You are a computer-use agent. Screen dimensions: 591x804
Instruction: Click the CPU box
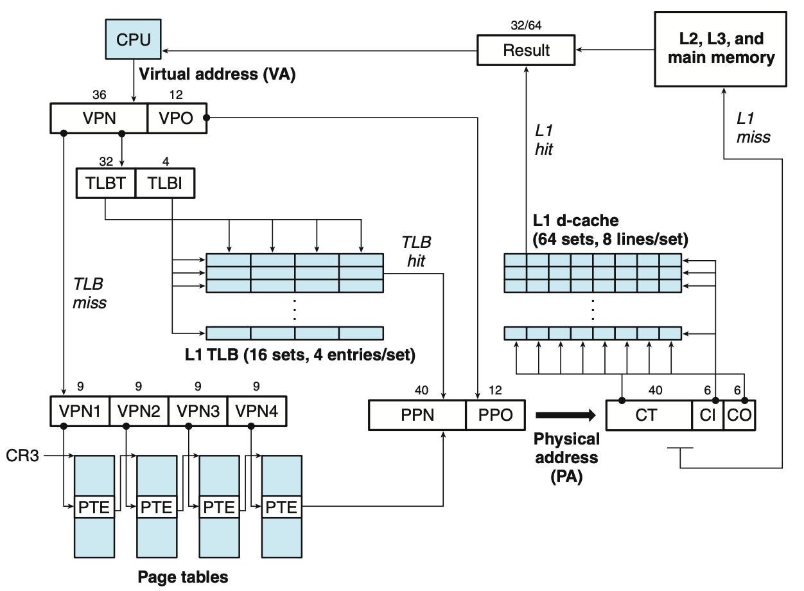(x=134, y=39)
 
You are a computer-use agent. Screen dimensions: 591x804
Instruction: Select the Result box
(x=527, y=50)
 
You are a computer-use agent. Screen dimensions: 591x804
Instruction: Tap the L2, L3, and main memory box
(x=721, y=49)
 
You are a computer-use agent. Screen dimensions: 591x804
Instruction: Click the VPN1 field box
(x=80, y=412)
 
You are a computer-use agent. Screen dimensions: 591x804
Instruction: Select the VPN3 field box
(x=198, y=412)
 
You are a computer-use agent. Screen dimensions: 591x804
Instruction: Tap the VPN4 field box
(x=257, y=412)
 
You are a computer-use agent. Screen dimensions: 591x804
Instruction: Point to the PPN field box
(x=417, y=415)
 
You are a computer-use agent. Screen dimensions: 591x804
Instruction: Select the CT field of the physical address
(x=649, y=415)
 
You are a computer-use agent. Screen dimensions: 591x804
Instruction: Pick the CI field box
(x=708, y=415)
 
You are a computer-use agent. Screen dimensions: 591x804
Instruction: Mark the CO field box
(x=739, y=415)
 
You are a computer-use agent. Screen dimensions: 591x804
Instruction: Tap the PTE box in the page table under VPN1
(x=94, y=507)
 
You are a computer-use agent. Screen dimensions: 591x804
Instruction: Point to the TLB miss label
(x=89, y=292)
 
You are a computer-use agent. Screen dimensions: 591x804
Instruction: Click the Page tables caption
(x=182, y=577)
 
